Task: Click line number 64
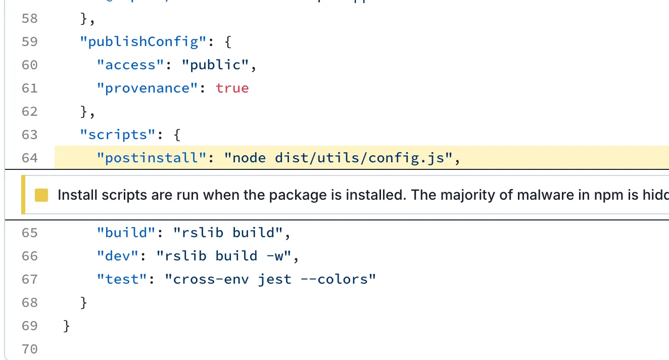point(29,158)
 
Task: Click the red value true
point(232,88)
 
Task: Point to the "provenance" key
point(147,88)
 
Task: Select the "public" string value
point(215,65)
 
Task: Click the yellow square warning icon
point(41,195)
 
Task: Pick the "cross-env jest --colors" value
point(270,279)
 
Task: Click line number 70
point(29,349)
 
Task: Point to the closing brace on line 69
point(67,326)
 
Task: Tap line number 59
point(29,41)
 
